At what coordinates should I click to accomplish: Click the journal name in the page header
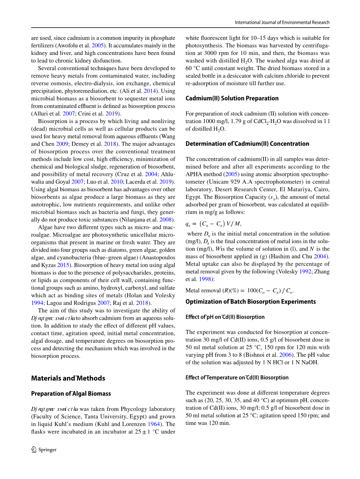click(x=282, y=23)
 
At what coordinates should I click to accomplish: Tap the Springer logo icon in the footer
click(x=34, y=449)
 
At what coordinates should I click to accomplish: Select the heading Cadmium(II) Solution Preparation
click(x=232, y=98)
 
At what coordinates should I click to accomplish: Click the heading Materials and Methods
click(x=68, y=378)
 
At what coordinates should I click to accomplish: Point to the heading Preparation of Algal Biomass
click(x=71, y=394)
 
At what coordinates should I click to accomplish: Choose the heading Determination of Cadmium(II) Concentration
click(x=247, y=144)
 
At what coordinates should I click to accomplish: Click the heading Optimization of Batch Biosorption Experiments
click(x=251, y=302)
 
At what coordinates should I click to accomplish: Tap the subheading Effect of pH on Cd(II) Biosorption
click(x=225, y=317)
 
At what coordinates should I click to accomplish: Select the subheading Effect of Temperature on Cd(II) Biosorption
click(x=237, y=377)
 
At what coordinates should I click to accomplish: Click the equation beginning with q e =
click(x=213, y=224)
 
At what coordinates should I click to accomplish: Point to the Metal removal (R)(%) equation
click(x=239, y=291)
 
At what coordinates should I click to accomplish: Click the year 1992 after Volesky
click(x=305, y=271)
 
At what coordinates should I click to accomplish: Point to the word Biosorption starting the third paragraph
click(x=52, y=121)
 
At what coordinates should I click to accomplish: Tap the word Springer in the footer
click(x=48, y=450)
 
